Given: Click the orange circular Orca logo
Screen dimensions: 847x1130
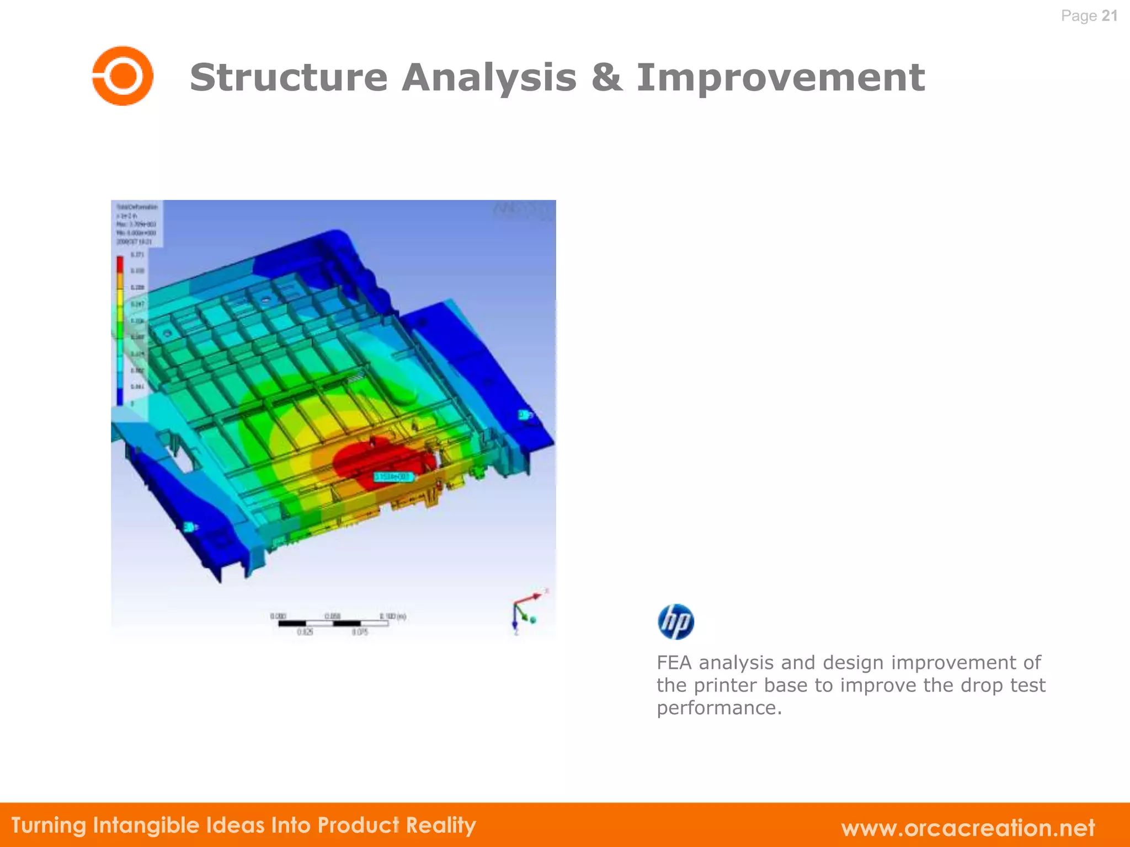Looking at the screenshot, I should [x=122, y=76].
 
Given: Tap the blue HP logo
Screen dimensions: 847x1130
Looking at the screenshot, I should [x=675, y=621].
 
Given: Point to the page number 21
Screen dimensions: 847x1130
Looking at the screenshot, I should [x=1109, y=15].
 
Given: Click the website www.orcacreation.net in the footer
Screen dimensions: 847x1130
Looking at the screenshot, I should [x=968, y=828].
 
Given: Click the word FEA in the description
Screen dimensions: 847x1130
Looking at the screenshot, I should [x=674, y=662].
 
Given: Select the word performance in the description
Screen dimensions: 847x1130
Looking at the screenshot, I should [x=718, y=707].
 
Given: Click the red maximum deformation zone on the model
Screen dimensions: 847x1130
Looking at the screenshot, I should [x=375, y=460].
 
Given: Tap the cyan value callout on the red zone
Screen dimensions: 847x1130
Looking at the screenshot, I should [x=393, y=476].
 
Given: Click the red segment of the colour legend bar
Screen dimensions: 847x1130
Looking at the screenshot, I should [x=120, y=265].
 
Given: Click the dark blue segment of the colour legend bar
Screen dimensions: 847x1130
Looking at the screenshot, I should [x=120, y=396].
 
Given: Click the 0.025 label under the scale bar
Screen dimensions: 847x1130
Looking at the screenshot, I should [x=305, y=632].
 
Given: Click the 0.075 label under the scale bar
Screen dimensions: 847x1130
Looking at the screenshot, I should [x=360, y=632].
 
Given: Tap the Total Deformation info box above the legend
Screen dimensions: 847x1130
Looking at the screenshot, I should [x=136, y=223].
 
